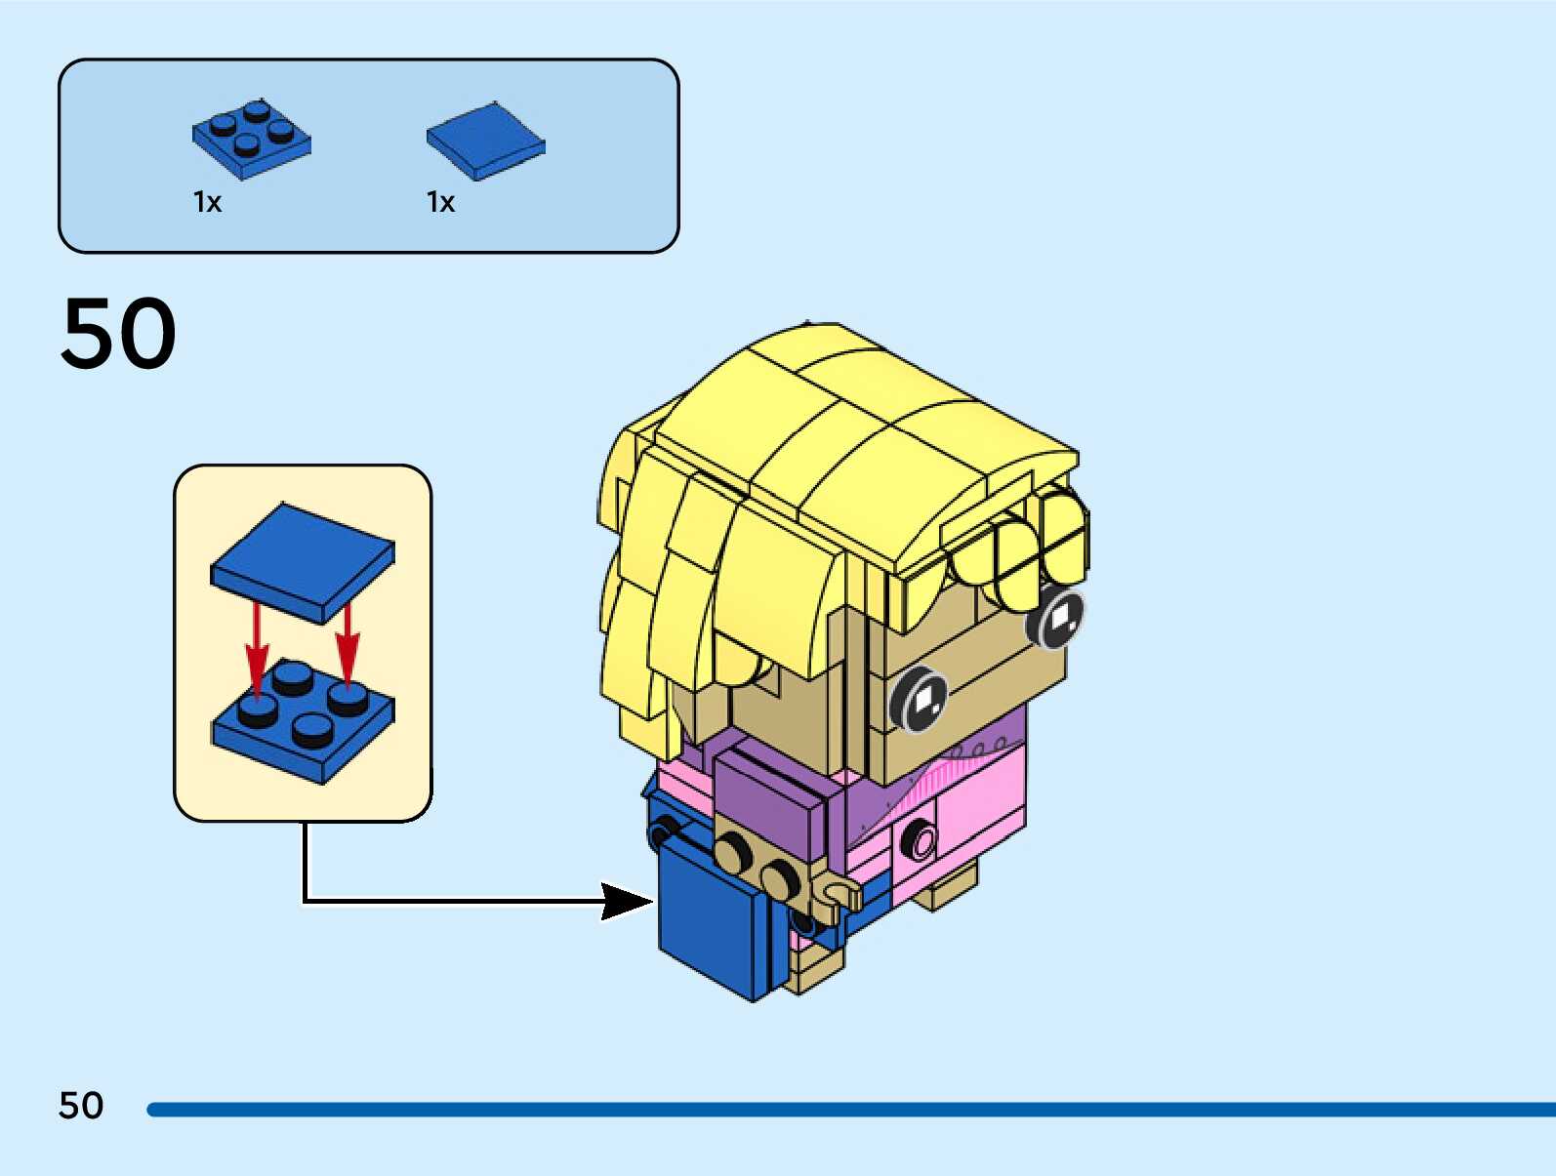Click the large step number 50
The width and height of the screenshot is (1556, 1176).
tap(118, 332)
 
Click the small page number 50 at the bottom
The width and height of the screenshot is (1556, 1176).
tap(81, 1106)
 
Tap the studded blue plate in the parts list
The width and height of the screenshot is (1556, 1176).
tap(251, 140)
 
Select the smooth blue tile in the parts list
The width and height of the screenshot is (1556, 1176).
tap(485, 141)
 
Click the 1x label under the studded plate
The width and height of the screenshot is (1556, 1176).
tap(207, 203)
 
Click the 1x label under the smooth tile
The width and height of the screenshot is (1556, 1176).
tap(440, 203)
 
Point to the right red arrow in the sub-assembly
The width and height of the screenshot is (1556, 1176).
tap(348, 647)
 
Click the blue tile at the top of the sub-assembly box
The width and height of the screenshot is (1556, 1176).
tap(303, 563)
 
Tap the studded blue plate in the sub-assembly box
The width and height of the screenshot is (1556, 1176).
tap(303, 721)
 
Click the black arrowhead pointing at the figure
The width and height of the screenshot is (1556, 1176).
tap(627, 901)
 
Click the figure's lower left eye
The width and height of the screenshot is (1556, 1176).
tap(919, 698)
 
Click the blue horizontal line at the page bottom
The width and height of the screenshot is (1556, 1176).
tap(850, 1110)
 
